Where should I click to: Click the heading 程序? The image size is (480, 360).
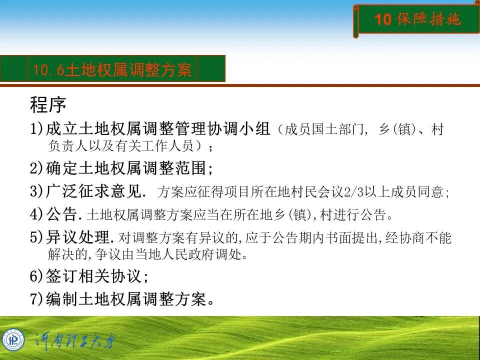coord(48,105)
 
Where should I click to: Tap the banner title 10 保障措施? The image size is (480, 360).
coord(417,19)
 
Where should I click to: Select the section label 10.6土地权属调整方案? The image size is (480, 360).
coord(112,69)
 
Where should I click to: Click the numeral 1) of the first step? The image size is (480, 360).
coord(37,129)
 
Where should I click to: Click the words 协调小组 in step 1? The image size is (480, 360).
coord(238,129)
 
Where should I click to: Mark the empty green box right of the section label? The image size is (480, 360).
coord(210,69)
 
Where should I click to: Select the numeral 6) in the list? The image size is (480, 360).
coord(37,275)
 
